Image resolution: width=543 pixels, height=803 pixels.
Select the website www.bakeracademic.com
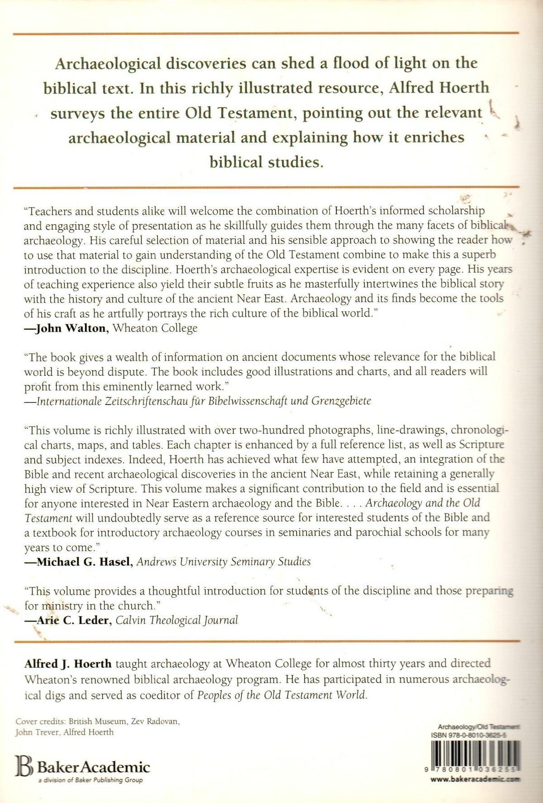pyautogui.click(x=474, y=780)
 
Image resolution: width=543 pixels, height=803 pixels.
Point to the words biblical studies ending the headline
pyautogui.click(x=267, y=161)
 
